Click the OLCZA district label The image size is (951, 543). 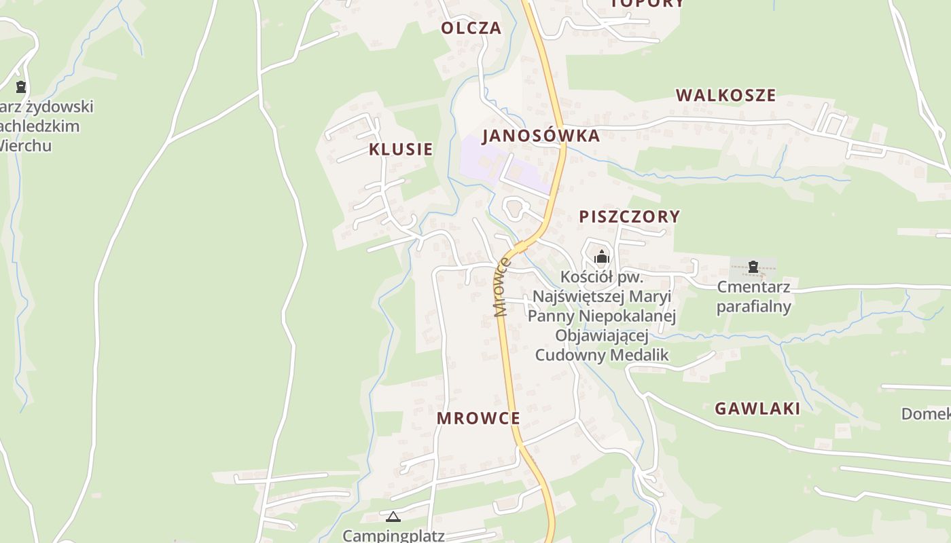471,28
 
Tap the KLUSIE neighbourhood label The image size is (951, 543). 401,149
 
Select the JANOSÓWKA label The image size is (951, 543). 541,136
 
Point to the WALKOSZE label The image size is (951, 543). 725,95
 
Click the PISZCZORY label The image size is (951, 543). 629,217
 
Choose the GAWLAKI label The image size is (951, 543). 757,409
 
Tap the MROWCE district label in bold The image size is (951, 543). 478,418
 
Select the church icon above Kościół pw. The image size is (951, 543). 601,257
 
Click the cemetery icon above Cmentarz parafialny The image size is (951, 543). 753,267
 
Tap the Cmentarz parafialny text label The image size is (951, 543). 753,297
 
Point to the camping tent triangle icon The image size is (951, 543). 393,517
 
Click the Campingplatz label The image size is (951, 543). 393,536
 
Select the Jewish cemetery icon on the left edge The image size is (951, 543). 21,86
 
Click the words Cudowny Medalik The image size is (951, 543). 602,355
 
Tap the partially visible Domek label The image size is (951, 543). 925,413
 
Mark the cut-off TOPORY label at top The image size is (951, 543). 647,3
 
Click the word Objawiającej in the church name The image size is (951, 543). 602,335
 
